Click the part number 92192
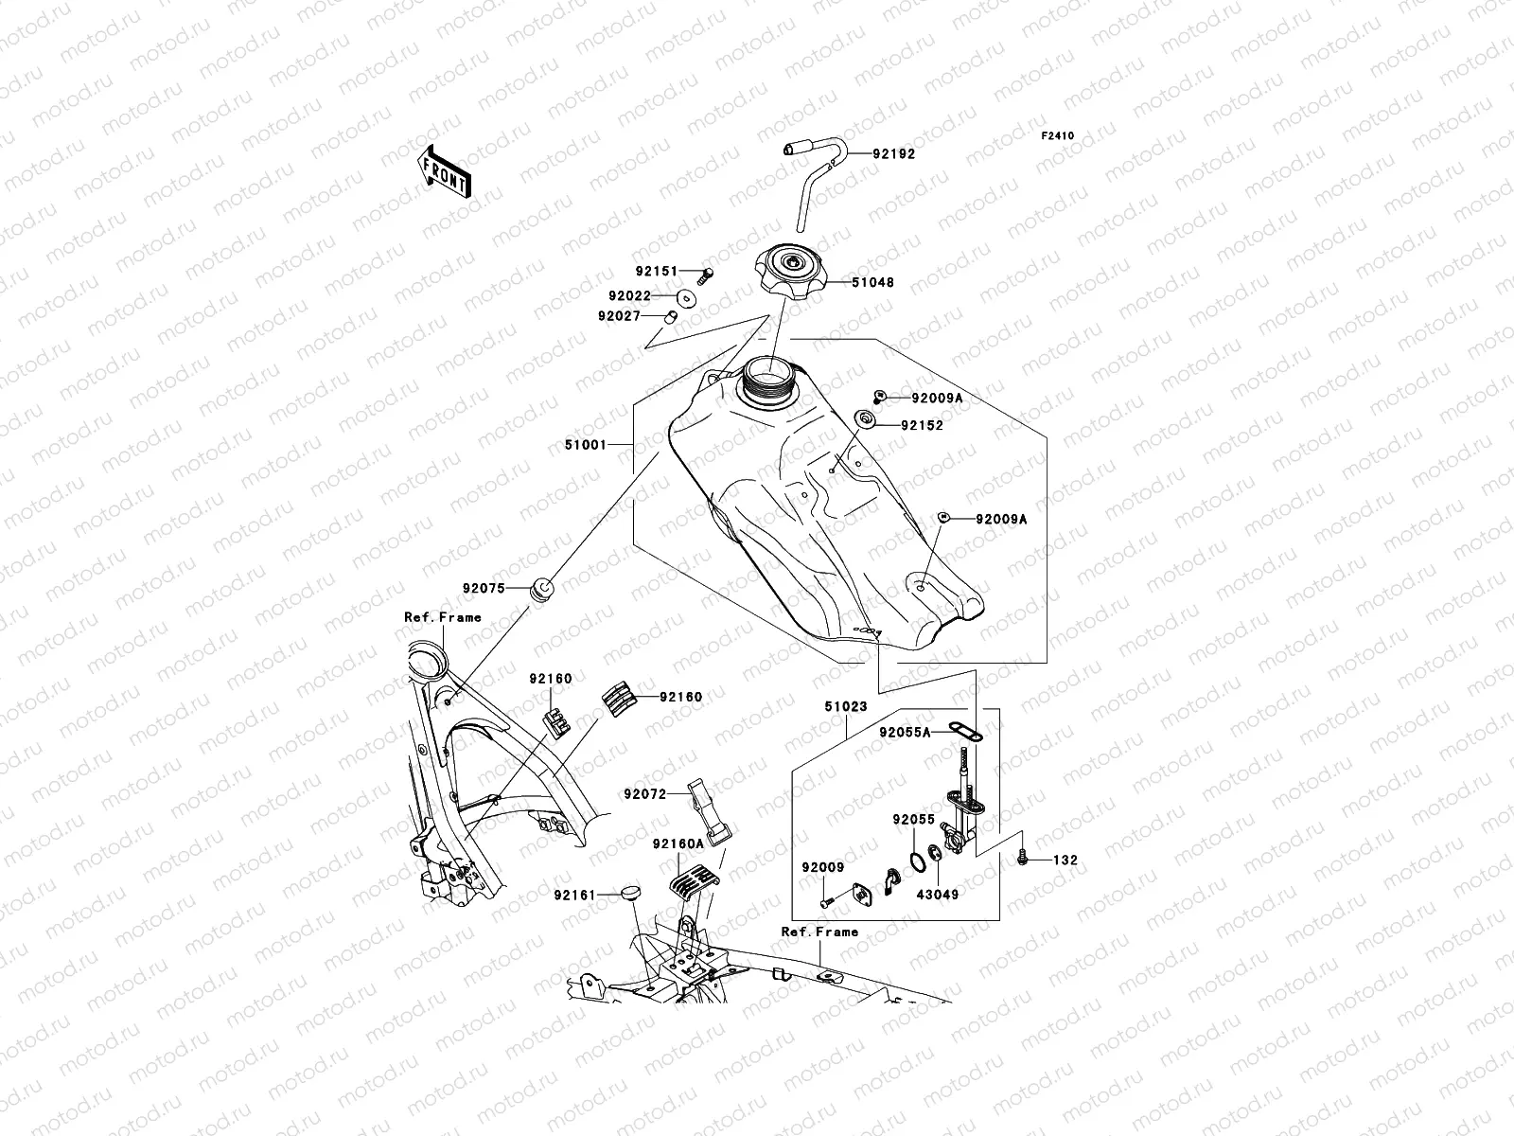893,152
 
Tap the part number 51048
871,282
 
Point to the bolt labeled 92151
706,275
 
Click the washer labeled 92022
688,296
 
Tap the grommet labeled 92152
864,419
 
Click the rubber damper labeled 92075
544,589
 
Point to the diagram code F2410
1058,136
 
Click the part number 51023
846,706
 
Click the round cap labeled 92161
631,892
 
